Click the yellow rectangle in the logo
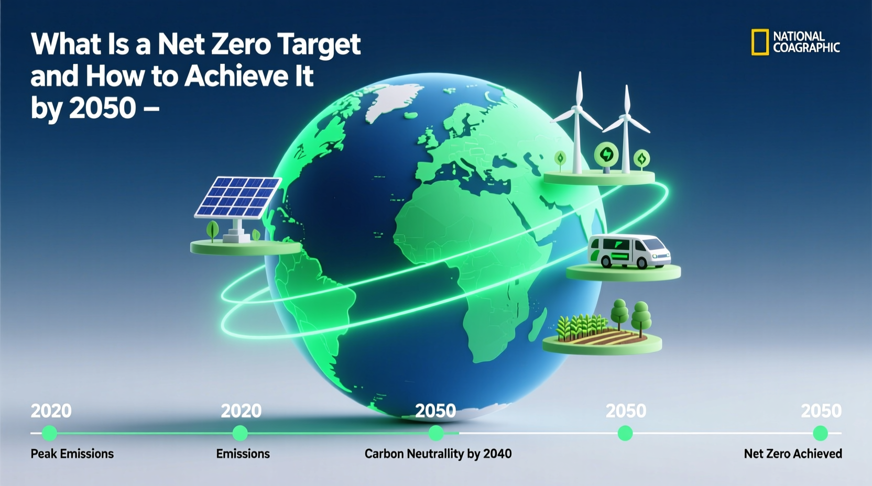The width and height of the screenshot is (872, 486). (760, 42)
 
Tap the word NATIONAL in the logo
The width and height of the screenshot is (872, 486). (799, 36)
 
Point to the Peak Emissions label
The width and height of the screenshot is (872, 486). (72, 454)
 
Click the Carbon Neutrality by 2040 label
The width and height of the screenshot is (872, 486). (438, 454)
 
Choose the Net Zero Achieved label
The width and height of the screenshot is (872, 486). (792, 454)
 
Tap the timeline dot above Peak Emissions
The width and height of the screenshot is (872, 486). (49, 433)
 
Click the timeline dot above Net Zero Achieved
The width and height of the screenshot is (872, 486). (820, 433)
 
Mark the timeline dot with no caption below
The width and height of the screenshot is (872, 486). (625, 433)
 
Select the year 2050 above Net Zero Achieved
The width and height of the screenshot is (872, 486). (821, 411)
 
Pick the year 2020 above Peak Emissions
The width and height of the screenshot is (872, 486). (51, 411)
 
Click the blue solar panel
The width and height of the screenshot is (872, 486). (238, 197)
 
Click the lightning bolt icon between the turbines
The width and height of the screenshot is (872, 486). (606, 154)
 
